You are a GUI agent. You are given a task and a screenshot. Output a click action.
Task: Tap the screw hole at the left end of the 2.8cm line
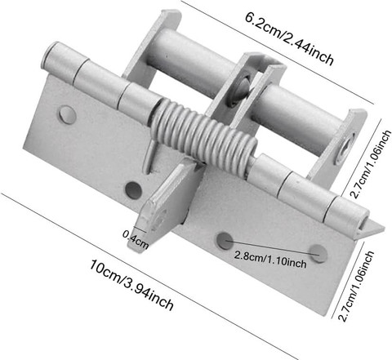click(225, 240)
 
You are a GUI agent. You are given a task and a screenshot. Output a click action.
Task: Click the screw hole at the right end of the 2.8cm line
click(318, 253)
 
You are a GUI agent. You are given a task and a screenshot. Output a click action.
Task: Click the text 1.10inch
click(288, 262)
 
